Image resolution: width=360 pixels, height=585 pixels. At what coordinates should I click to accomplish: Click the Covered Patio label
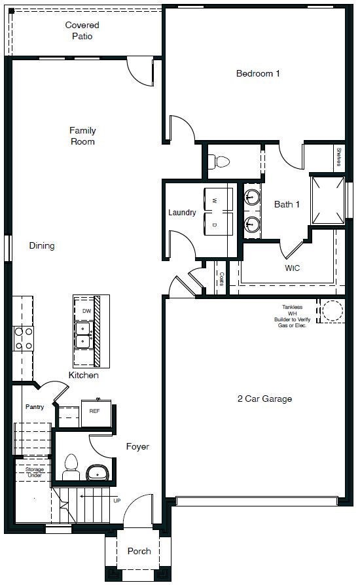(x=82, y=31)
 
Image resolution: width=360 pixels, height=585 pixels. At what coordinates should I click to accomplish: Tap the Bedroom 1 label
(x=258, y=73)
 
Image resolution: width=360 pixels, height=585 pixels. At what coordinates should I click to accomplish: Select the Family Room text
(x=82, y=136)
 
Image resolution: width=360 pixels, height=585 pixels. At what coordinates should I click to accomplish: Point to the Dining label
(x=42, y=246)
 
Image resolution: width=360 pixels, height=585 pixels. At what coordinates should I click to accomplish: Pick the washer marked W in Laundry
(x=219, y=199)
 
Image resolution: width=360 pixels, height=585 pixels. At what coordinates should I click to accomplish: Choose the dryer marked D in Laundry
(x=219, y=224)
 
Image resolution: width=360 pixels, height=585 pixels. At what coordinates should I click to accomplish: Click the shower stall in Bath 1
(x=327, y=199)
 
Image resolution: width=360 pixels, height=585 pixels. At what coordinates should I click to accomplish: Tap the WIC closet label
(x=292, y=268)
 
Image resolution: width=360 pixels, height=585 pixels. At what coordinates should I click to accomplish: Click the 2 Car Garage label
(x=264, y=399)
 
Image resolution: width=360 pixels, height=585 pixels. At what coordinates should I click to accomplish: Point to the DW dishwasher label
(x=86, y=311)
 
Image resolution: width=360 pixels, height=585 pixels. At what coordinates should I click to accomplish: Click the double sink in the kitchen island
(x=83, y=334)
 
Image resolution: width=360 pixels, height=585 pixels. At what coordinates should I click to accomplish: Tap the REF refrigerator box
(x=96, y=412)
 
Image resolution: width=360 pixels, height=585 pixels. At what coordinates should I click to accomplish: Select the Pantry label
(x=35, y=407)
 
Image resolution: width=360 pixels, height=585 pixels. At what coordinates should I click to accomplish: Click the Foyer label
(x=137, y=447)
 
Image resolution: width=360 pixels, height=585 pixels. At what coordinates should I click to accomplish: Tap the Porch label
(x=139, y=552)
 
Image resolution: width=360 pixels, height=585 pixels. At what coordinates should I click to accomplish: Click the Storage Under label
(x=35, y=472)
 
